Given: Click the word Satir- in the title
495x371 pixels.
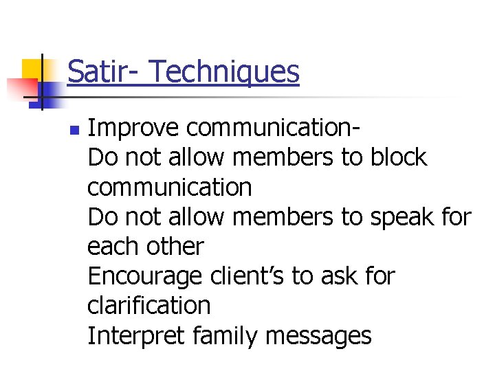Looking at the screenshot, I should (102, 71).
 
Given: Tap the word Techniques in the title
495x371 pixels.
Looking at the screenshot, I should (224, 71).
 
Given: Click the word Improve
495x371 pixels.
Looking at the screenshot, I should (133, 128).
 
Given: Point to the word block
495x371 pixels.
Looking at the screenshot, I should (399, 158).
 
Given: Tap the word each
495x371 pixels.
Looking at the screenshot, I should (111, 247).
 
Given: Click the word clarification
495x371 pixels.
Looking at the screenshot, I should (149, 306).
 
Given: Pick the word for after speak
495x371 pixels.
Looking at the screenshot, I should (456, 218).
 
